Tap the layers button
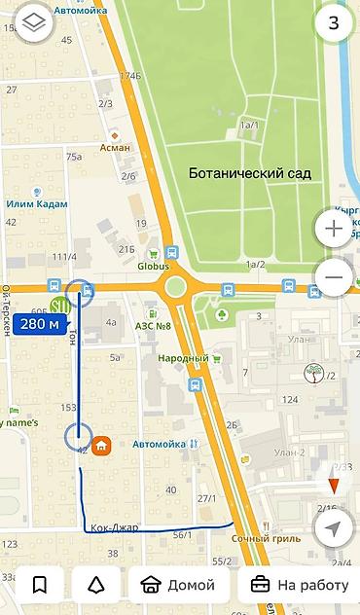tap(34, 22)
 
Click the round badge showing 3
tap(333, 22)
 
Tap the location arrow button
tap(334, 529)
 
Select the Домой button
tap(178, 585)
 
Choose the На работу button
tap(300, 585)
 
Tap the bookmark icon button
tap(39, 585)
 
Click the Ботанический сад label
tap(250, 173)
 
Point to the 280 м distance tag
tap(39, 324)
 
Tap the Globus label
tap(153, 266)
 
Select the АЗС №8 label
tap(154, 325)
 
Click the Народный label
tap(184, 358)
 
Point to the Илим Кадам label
tap(37, 203)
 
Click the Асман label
tap(115, 148)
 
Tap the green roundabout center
tap(175, 287)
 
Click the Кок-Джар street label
tap(114, 528)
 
